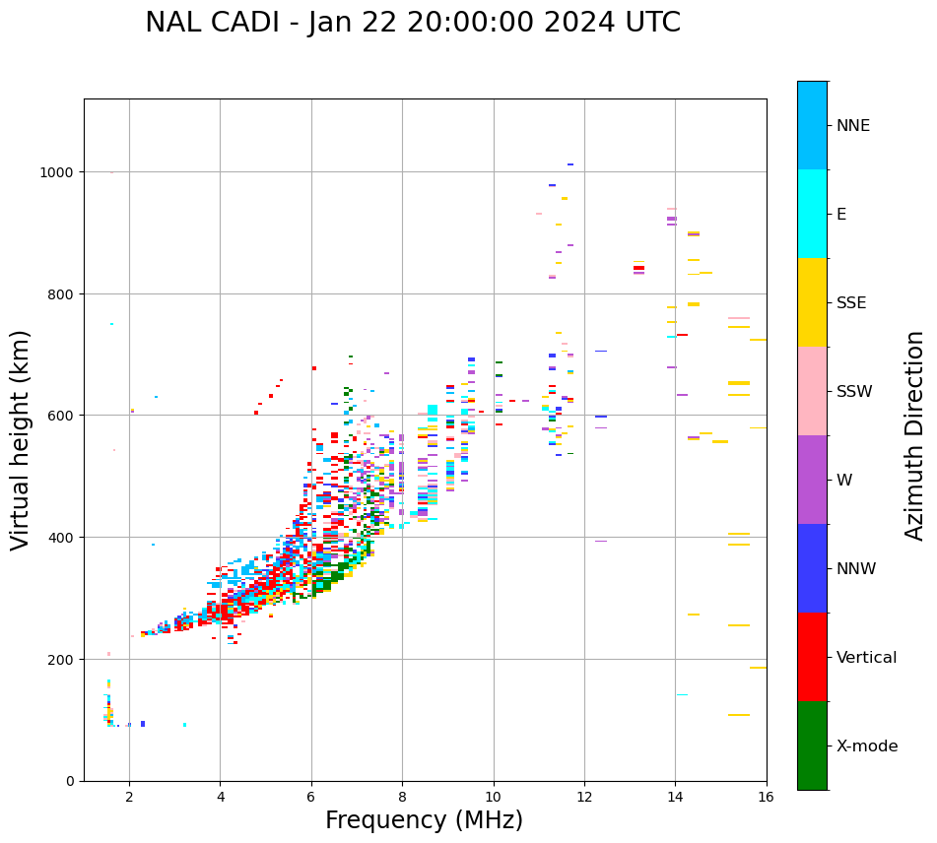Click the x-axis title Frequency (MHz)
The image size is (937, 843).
(x=424, y=820)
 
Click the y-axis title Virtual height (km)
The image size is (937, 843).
(x=22, y=439)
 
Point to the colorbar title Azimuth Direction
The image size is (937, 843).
(x=915, y=435)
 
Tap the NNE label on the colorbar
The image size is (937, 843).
(x=853, y=126)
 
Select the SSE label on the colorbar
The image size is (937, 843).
(x=851, y=303)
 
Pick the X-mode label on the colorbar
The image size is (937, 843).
(x=867, y=746)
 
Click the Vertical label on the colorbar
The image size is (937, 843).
(x=866, y=658)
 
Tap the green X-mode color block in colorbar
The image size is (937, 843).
(x=812, y=746)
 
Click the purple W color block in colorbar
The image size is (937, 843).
(x=812, y=480)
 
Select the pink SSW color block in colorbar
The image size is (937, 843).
(x=812, y=391)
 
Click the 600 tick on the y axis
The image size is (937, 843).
(x=63, y=416)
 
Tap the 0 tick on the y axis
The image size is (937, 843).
(x=71, y=781)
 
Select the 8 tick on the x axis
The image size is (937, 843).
(x=402, y=797)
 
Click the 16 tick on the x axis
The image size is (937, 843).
(x=766, y=797)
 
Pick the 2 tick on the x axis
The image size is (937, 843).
(x=129, y=797)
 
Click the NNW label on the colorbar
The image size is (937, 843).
(x=856, y=569)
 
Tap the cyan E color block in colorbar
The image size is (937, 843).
(x=812, y=214)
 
